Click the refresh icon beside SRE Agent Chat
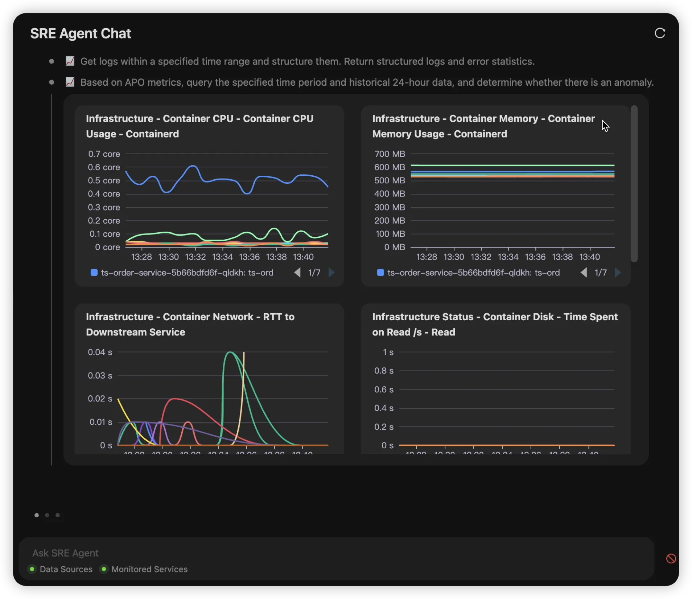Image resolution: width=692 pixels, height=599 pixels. (x=660, y=33)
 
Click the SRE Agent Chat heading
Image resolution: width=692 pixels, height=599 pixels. (x=81, y=33)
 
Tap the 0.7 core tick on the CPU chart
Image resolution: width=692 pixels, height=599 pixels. (x=104, y=154)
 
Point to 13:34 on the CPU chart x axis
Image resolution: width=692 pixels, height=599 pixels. (x=222, y=257)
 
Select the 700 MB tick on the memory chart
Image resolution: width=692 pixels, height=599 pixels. (x=390, y=154)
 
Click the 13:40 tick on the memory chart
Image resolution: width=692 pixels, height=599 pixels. (x=589, y=257)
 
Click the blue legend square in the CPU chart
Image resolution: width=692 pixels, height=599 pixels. (x=94, y=273)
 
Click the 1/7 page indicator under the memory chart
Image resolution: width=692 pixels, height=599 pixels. (x=601, y=273)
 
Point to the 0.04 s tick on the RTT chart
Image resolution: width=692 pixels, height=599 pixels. (x=100, y=352)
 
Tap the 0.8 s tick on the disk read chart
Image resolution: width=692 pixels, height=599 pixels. (x=384, y=371)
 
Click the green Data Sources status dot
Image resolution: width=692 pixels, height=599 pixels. (x=32, y=569)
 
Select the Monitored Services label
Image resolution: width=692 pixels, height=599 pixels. (x=149, y=569)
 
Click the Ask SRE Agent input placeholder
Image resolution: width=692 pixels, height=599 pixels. (x=65, y=553)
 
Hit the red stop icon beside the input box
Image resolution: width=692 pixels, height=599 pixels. (x=671, y=558)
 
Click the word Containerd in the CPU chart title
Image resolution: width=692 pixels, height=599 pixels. (x=152, y=134)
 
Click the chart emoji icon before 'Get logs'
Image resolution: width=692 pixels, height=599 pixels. (x=70, y=61)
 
